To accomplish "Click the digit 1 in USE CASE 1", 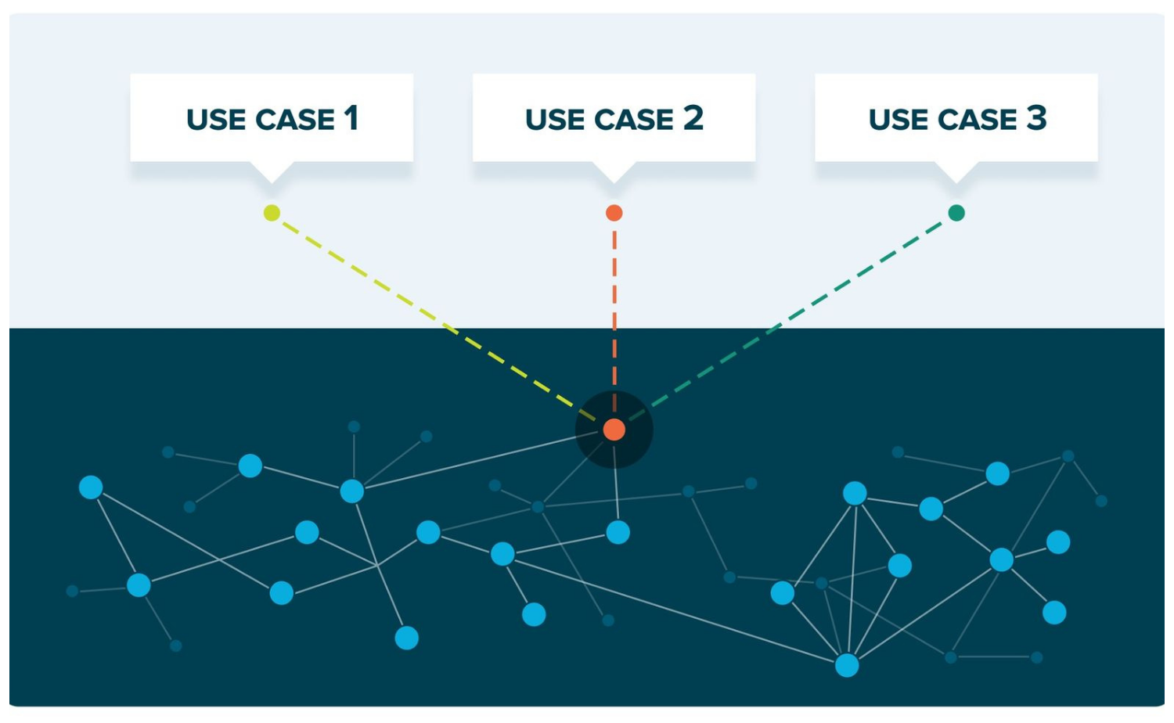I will click(x=351, y=118).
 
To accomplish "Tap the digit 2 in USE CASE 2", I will click(x=693, y=118).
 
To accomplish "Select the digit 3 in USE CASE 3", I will click(x=1036, y=118).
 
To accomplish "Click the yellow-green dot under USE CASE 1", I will click(x=272, y=213).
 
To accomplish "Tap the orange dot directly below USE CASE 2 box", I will click(x=614, y=213).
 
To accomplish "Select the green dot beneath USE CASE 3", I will click(x=956, y=213).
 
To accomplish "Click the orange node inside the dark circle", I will click(x=614, y=430).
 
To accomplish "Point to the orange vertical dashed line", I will click(x=614, y=313).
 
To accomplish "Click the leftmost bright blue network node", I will click(x=91, y=487).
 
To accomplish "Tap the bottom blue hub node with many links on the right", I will click(x=847, y=665).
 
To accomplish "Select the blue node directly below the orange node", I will click(x=618, y=533).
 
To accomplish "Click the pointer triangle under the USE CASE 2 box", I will click(x=614, y=172).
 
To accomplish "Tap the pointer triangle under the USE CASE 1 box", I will click(x=272, y=172).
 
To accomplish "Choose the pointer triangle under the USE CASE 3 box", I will click(x=956, y=172).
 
